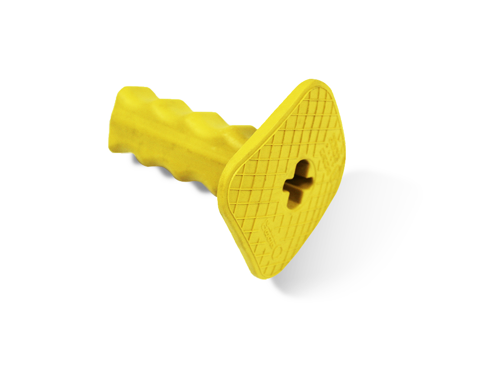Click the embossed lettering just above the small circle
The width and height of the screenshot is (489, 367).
tap(271, 233)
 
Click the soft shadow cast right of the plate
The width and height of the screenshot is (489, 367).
tap(372, 215)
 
